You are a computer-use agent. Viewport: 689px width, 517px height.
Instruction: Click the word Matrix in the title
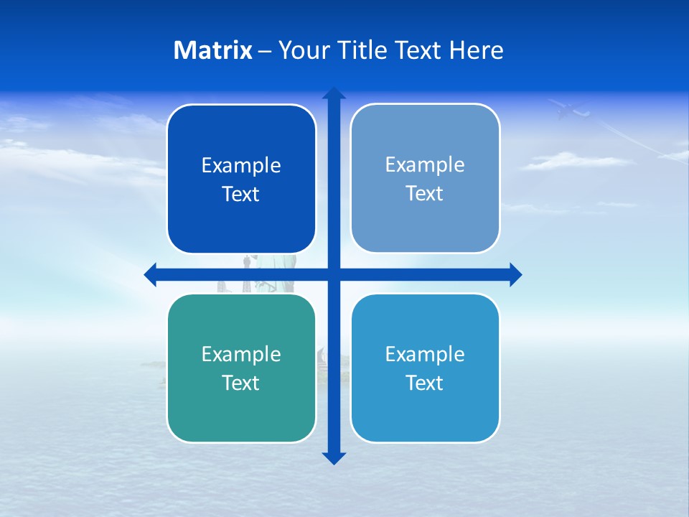(212, 50)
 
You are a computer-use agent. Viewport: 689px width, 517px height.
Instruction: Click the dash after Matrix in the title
(265, 52)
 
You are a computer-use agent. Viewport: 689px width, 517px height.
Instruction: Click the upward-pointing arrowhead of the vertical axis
(334, 93)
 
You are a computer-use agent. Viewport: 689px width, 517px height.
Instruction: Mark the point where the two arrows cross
(334, 275)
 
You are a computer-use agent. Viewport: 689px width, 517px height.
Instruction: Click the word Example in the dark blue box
(241, 166)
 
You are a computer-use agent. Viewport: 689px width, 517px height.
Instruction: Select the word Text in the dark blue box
(241, 195)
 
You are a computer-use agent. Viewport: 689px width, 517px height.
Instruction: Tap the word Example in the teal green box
(241, 354)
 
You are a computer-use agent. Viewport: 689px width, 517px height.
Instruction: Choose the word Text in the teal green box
(241, 383)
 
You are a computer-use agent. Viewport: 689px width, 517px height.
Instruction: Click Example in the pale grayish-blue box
(425, 164)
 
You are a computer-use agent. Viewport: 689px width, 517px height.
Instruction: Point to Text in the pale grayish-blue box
(425, 193)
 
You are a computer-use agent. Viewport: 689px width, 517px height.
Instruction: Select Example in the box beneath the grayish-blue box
(425, 354)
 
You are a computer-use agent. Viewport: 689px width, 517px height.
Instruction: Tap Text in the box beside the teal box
(425, 383)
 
